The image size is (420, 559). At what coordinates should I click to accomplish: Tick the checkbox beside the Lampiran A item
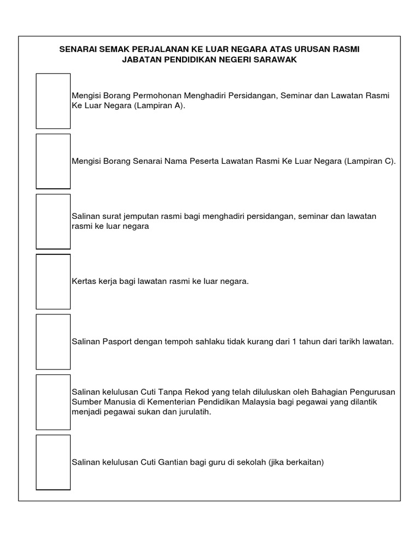point(53,101)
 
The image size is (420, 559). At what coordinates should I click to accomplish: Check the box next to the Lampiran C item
point(53,161)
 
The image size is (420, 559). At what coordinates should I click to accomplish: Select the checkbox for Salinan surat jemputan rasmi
point(53,221)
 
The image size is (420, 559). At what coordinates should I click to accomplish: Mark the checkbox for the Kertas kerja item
point(53,281)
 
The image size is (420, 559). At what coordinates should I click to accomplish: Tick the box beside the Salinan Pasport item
point(53,342)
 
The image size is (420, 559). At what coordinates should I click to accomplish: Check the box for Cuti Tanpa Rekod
point(53,402)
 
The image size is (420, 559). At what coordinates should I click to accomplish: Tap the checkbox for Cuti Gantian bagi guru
point(53,462)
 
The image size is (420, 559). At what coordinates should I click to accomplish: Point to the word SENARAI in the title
point(78,50)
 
